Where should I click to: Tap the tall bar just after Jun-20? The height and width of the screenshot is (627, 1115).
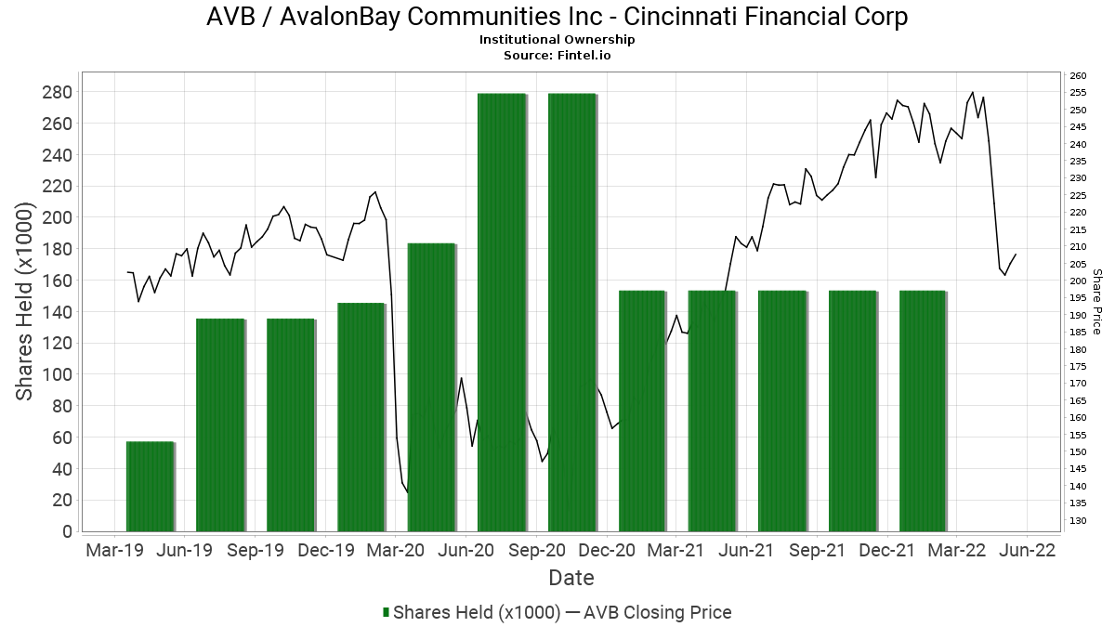tap(502, 312)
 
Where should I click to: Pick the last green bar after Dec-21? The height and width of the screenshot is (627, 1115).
tap(923, 411)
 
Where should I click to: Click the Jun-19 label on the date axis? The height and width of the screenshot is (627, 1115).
tap(184, 550)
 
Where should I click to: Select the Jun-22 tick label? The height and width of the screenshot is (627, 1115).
tap(1026, 550)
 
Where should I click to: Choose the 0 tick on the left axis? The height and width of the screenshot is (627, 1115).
tap(67, 531)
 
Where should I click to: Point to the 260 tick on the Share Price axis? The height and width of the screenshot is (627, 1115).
tap(1079, 76)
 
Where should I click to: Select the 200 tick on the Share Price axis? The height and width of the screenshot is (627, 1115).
tap(1079, 281)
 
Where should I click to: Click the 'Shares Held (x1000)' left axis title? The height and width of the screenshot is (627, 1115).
tap(26, 303)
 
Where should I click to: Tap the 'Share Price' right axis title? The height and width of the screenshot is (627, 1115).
tap(1097, 302)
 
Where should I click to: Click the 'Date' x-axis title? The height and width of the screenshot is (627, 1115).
tap(571, 578)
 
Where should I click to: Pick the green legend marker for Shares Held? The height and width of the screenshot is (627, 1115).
tap(386, 612)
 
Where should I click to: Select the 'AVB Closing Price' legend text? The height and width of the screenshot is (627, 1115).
tap(657, 612)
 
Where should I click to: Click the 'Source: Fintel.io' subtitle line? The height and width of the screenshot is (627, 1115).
tap(557, 55)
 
